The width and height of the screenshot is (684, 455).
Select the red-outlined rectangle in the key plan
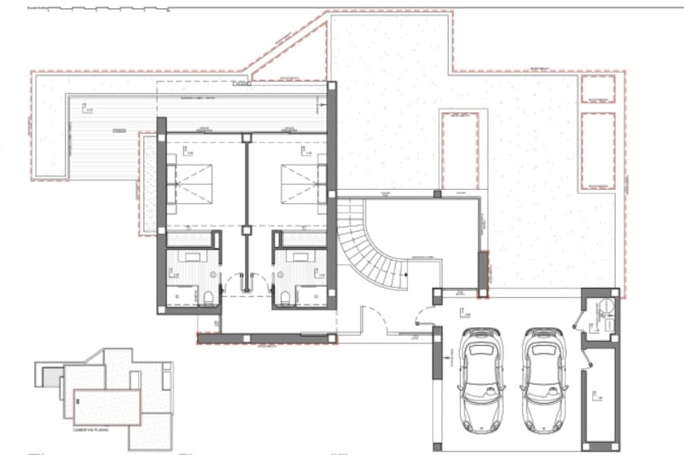pyautogui.click(x=107, y=406)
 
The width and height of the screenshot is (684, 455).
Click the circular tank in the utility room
pyautogui.click(x=607, y=308)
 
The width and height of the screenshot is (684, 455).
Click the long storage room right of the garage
pyautogui.click(x=601, y=391)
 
